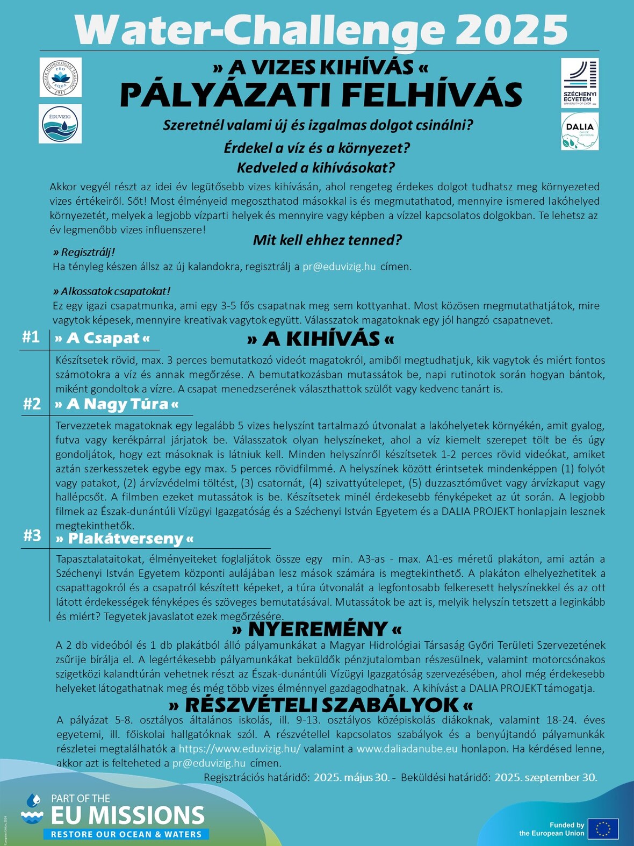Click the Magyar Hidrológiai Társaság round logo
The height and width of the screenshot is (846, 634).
61,77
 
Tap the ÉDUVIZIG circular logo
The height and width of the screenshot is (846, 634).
60,124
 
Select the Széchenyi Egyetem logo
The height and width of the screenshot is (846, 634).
580,83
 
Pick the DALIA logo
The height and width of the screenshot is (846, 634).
580,131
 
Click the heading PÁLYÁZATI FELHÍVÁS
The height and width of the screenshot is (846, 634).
321,95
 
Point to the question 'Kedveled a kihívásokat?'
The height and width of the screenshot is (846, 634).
315,168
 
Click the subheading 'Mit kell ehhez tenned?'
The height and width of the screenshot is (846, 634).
327,240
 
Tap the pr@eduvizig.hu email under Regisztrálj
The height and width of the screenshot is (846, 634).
339,267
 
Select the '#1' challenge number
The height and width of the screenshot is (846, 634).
31,337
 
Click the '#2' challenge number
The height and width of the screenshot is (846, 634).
32,404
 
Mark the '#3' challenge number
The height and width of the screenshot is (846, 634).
32,535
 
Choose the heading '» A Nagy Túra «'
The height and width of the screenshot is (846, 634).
117,404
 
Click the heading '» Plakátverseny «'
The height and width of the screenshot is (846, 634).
125,539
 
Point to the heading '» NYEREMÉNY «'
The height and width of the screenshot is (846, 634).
316,629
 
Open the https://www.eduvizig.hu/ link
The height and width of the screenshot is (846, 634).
240,749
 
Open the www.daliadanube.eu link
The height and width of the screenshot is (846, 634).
407,749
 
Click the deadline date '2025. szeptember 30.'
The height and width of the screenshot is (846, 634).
545,777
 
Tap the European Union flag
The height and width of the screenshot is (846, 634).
603,829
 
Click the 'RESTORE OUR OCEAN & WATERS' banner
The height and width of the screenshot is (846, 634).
126,834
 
